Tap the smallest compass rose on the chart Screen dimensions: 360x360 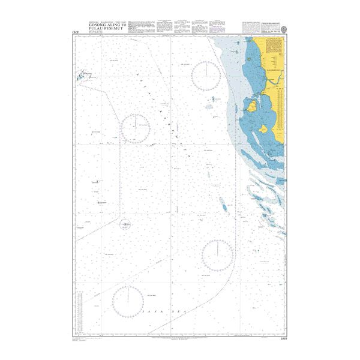(125, 226)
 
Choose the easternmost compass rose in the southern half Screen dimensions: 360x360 (217, 256)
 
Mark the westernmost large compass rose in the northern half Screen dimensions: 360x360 (135, 127)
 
